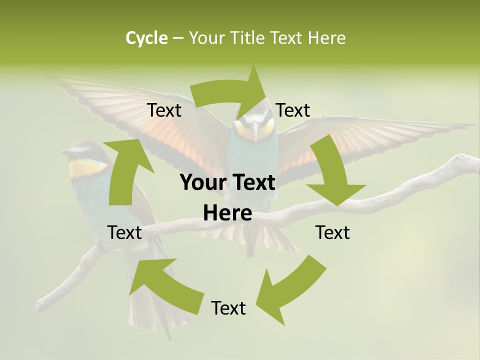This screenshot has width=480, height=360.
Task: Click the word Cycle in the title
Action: pos(146,38)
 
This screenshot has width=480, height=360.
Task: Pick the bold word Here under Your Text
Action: pos(227,213)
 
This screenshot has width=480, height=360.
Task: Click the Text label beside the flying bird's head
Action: pos(293,110)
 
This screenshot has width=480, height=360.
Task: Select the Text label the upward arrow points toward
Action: pos(164,110)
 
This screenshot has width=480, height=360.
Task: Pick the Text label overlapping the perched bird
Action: pos(124,232)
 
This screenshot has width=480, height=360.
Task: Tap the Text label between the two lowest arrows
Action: pos(228,308)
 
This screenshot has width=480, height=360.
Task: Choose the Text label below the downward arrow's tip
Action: pos(332,233)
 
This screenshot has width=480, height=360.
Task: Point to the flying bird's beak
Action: pos(255,133)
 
